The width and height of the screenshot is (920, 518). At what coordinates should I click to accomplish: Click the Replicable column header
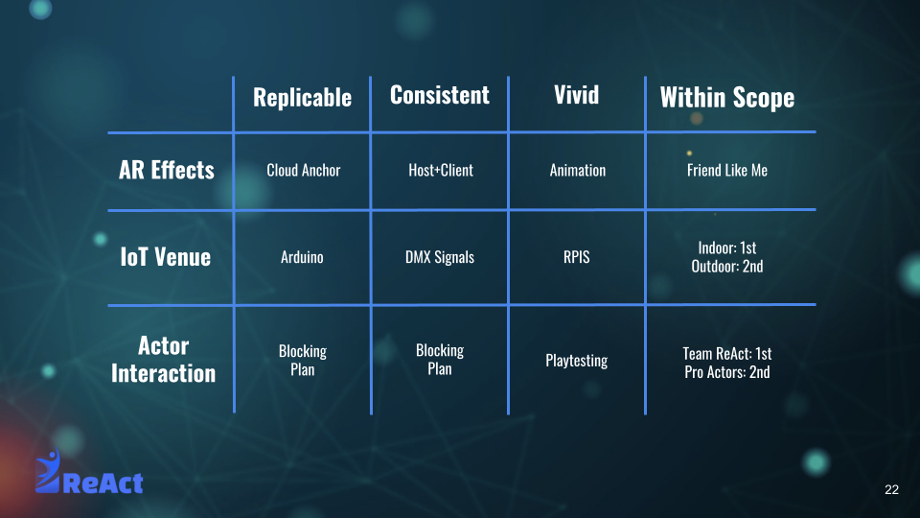pyautogui.click(x=302, y=98)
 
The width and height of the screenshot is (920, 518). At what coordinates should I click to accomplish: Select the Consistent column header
pyautogui.click(x=440, y=95)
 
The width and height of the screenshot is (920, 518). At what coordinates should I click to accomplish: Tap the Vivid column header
pyautogui.click(x=576, y=95)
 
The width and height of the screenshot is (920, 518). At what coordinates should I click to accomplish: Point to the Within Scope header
pyautogui.click(x=727, y=98)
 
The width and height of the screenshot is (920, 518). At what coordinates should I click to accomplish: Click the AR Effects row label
pyautogui.click(x=167, y=171)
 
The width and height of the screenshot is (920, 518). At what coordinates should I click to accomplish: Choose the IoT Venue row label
pyautogui.click(x=166, y=257)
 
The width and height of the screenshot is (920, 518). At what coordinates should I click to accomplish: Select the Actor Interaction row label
pyautogui.click(x=164, y=360)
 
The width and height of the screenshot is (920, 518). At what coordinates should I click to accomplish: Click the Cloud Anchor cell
pyautogui.click(x=304, y=171)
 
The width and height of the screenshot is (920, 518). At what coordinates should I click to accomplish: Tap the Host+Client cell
pyautogui.click(x=441, y=171)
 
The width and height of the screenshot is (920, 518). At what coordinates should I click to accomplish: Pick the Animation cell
pyautogui.click(x=577, y=171)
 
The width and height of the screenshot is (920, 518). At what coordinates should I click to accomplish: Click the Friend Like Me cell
pyautogui.click(x=727, y=171)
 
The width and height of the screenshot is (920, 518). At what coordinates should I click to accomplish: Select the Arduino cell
pyautogui.click(x=302, y=257)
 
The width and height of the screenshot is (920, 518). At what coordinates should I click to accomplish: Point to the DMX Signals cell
pyautogui.click(x=440, y=257)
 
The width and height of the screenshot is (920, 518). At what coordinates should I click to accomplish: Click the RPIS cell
pyautogui.click(x=576, y=257)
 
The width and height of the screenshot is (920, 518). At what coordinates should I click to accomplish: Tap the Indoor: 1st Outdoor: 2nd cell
pyautogui.click(x=727, y=257)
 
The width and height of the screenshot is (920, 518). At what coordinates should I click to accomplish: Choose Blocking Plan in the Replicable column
pyautogui.click(x=302, y=360)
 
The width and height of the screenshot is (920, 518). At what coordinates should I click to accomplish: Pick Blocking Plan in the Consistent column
pyautogui.click(x=440, y=360)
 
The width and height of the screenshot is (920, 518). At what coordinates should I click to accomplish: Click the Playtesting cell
pyautogui.click(x=576, y=360)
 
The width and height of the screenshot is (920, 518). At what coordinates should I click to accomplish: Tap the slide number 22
pyautogui.click(x=891, y=490)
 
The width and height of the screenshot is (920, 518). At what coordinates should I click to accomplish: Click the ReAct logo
pyautogui.click(x=88, y=472)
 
